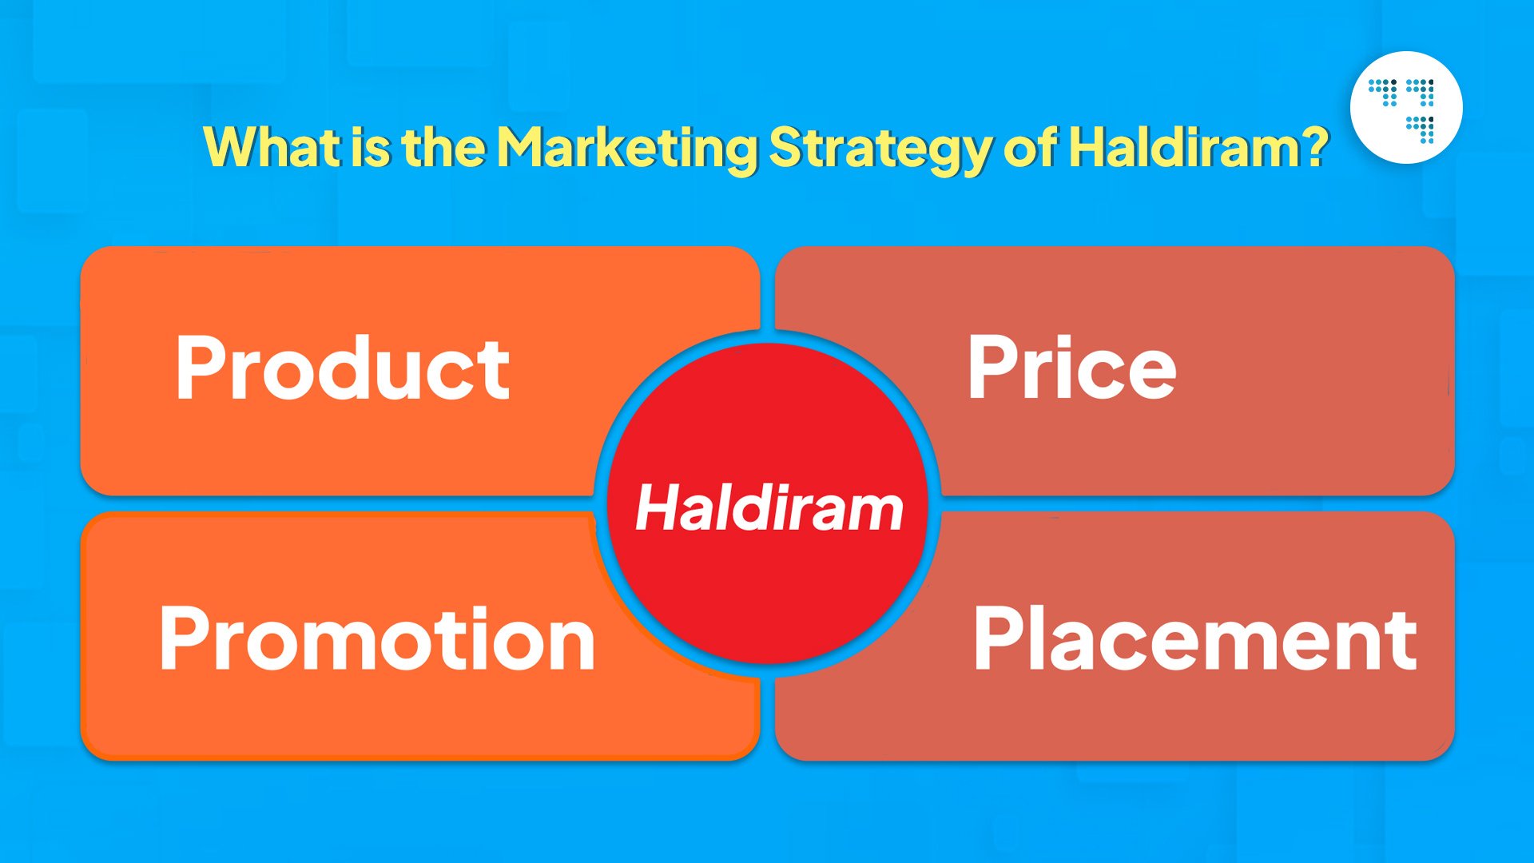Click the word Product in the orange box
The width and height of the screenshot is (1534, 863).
342,368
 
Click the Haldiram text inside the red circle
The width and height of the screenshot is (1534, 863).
769,508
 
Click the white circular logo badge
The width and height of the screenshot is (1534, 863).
1405,108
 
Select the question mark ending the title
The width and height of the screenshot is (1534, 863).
1314,147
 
